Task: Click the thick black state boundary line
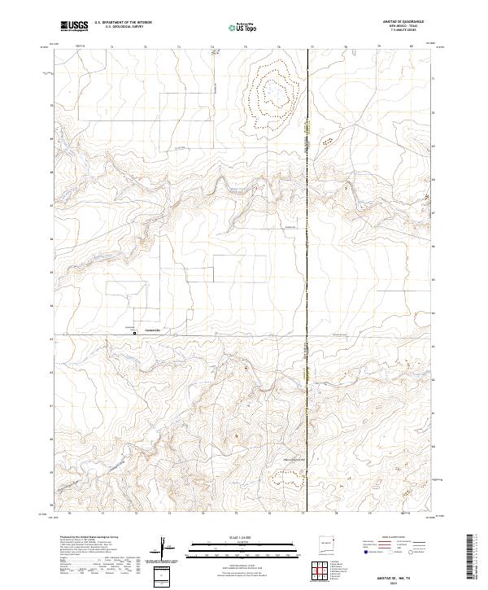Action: tap(307, 244)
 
